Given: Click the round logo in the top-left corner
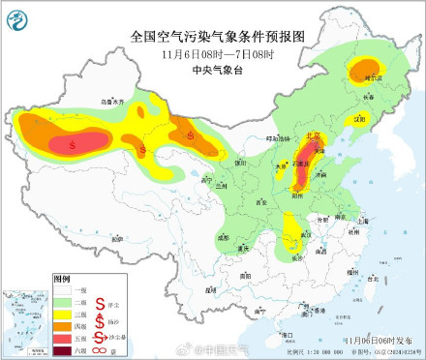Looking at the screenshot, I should click(20, 18).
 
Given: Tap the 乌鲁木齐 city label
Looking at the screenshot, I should click(114, 101).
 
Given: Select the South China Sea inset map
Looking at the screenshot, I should click(24, 321).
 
